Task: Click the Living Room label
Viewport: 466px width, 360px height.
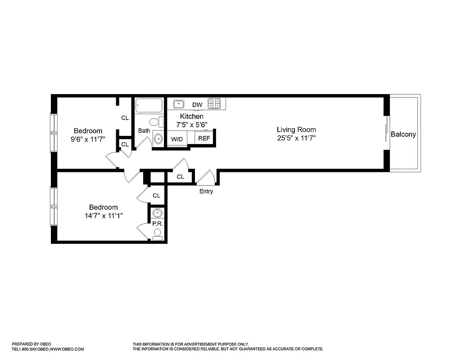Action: coord(296,130)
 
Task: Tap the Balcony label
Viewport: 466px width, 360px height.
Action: coord(403,134)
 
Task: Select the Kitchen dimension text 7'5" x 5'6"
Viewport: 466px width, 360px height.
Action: coord(191,124)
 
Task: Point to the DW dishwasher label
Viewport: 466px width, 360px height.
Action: coord(197,105)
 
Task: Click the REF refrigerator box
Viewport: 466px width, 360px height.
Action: coord(204,138)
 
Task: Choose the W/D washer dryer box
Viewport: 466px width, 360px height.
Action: coord(176,139)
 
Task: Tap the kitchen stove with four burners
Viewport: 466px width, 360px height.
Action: coord(214,104)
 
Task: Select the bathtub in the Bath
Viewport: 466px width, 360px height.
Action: coord(149,106)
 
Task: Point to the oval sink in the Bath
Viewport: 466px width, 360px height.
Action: coord(158,139)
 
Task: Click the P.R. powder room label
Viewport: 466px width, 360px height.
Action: coord(157,223)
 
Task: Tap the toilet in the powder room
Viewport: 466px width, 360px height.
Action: coord(158,234)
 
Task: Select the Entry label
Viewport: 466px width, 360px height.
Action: coord(206,191)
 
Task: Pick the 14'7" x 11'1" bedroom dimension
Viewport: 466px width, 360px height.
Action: coord(103,216)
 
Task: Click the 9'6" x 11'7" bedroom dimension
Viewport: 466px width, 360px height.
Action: coord(88,139)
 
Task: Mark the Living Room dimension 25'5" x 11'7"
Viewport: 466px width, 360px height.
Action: coord(296,138)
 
